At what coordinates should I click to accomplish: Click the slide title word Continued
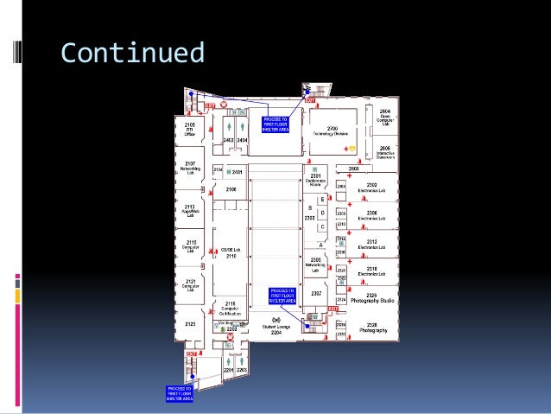(x=132, y=53)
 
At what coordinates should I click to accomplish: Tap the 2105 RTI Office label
(x=189, y=130)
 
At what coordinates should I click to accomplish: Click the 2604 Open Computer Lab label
(x=386, y=117)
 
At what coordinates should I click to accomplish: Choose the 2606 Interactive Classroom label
(x=386, y=152)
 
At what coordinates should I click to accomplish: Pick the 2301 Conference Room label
(x=315, y=179)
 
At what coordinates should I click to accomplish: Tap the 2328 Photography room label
(x=372, y=328)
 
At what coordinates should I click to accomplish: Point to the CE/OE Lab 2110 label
(x=231, y=252)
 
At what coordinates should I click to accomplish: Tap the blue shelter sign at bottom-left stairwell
(x=180, y=393)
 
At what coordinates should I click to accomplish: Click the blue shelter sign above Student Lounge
(x=282, y=296)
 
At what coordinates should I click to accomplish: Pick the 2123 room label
(x=190, y=323)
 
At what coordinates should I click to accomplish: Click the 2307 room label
(x=316, y=293)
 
